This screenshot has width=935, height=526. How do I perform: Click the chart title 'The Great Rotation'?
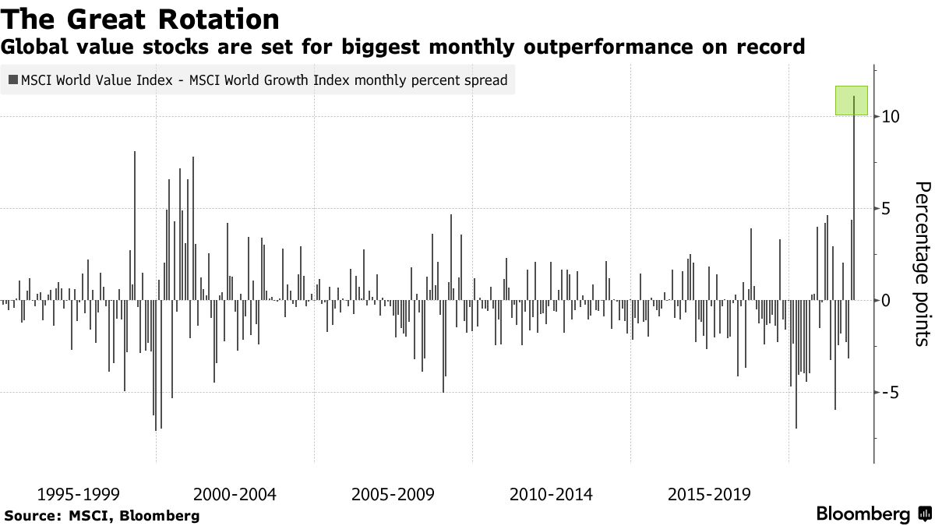click(141, 19)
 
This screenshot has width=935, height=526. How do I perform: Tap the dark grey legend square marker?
click(13, 79)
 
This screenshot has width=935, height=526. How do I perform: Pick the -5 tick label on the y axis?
click(891, 392)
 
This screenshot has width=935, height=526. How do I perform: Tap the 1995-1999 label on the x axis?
click(78, 494)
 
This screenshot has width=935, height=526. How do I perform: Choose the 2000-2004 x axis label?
click(235, 494)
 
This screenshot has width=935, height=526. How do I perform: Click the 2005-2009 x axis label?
click(393, 494)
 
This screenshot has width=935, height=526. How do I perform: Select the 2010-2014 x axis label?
click(551, 494)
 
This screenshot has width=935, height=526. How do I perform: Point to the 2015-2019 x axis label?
click(709, 494)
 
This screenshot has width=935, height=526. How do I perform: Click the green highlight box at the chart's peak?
click(851, 101)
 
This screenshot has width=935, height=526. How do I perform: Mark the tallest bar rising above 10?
click(854, 203)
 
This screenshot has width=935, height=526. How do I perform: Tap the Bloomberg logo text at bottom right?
click(863, 514)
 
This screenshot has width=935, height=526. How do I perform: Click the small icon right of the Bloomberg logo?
click(923, 514)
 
